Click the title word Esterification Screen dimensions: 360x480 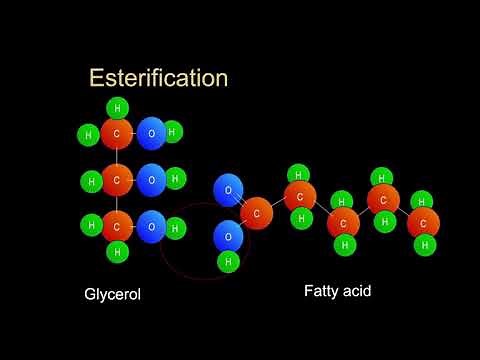tap(158, 77)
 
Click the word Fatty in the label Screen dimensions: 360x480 tap(323, 292)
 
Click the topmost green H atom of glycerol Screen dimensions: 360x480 tap(117, 108)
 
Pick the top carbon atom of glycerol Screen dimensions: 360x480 tap(117, 134)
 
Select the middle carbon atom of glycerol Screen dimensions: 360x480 tap(117, 181)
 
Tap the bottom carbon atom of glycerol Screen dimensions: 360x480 tap(117, 227)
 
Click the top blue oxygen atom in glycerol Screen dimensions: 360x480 tap(151, 134)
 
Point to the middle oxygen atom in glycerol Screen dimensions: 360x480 tap(151, 181)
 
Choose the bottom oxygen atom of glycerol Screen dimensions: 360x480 tap(151, 227)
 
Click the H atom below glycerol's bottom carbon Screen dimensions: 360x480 tap(117, 252)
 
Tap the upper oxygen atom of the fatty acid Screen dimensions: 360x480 tap(228, 190)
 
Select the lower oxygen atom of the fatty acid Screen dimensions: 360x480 tap(228, 237)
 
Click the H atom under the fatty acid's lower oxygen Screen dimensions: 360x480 tap(228, 262)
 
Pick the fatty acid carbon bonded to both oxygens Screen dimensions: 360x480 tap(257, 213)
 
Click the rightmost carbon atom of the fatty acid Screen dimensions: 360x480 tap(423, 222)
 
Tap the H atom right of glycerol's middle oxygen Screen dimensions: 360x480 tap(175, 180)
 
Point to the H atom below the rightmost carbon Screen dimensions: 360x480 tap(424, 244)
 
